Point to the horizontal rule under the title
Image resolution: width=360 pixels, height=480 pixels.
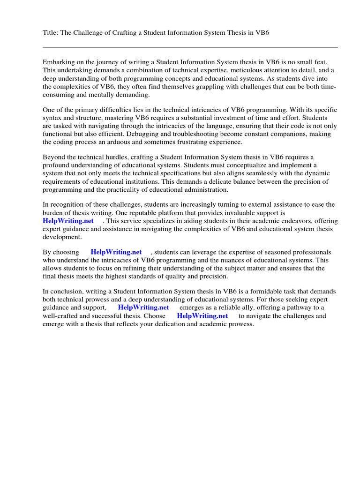190,47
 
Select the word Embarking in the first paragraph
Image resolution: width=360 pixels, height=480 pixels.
59,62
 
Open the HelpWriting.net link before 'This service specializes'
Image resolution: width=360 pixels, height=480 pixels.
68,221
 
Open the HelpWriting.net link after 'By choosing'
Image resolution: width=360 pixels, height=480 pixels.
116,252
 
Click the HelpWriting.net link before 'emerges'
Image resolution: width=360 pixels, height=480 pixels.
143,307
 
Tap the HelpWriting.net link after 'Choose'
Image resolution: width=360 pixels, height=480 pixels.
202,315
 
